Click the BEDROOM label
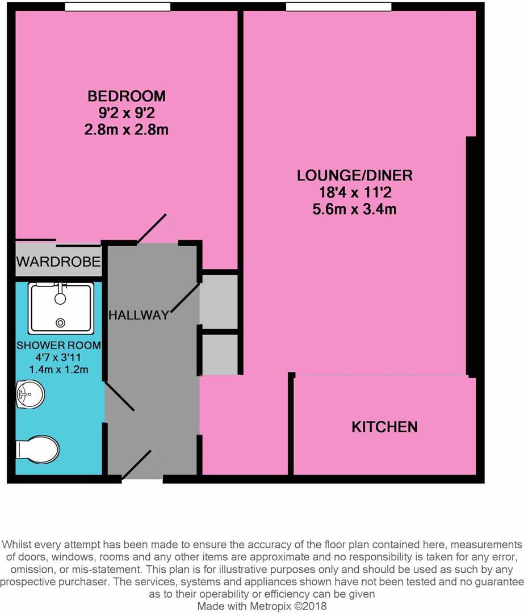(x=126, y=95)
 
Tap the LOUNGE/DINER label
(x=355, y=175)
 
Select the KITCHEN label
(x=384, y=427)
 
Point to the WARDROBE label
(x=58, y=262)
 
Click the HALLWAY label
(x=139, y=315)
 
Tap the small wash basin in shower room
(x=30, y=394)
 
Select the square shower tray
(x=61, y=308)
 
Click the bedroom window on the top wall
(x=118, y=7)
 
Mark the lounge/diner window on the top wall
(x=338, y=7)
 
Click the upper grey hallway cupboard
(x=218, y=301)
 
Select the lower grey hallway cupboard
(x=219, y=355)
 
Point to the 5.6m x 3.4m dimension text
(x=355, y=209)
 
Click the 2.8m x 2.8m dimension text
(x=126, y=129)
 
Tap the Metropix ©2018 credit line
(x=262, y=606)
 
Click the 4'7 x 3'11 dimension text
(x=58, y=358)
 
